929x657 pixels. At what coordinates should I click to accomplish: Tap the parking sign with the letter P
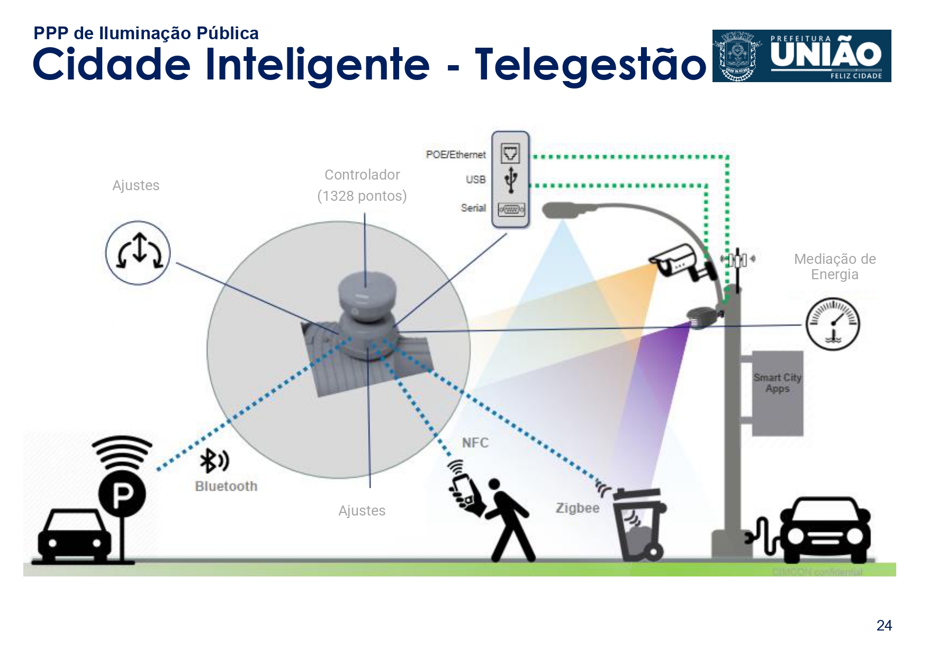click(x=122, y=494)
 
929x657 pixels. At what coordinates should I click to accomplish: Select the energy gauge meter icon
click(x=832, y=324)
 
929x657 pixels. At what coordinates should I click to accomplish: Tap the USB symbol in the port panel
click(x=510, y=179)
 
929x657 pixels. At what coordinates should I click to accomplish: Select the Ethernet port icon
click(x=510, y=154)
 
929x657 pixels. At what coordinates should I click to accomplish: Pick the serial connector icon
click(x=511, y=210)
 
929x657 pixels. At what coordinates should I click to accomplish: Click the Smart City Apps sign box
click(x=777, y=393)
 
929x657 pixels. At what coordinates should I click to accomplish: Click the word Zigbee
click(x=577, y=508)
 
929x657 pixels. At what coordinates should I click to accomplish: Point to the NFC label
click(x=475, y=443)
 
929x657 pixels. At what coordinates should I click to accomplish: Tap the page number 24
click(x=883, y=626)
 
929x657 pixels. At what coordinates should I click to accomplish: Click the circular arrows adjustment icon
click(x=138, y=253)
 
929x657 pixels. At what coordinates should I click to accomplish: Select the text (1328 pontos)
click(x=362, y=196)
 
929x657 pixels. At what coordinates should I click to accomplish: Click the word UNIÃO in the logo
click(x=826, y=55)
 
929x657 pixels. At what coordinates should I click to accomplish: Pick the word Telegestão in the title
click(x=590, y=65)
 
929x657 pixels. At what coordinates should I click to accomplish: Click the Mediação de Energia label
click(x=834, y=267)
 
